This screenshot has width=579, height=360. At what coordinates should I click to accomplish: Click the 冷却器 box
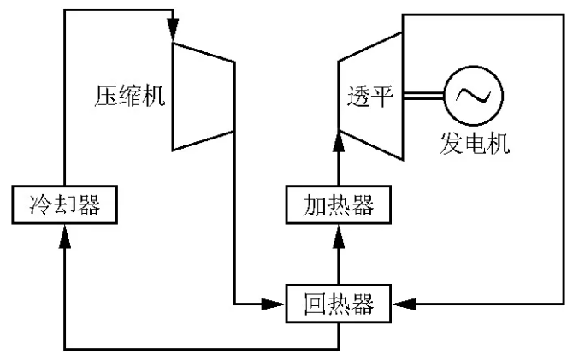pyautogui.click(x=64, y=204)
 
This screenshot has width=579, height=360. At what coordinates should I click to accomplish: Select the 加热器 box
pyautogui.click(x=340, y=204)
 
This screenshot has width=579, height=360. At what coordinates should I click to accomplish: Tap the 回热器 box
pyautogui.click(x=340, y=301)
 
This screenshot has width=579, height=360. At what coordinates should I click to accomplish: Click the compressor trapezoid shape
pyautogui.click(x=204, y=95)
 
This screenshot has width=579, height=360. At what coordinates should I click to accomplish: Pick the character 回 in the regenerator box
pyautogui.click(x=316, y=301)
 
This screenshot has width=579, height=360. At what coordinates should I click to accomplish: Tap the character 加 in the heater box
pyautogui.click(x=316, y=204)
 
